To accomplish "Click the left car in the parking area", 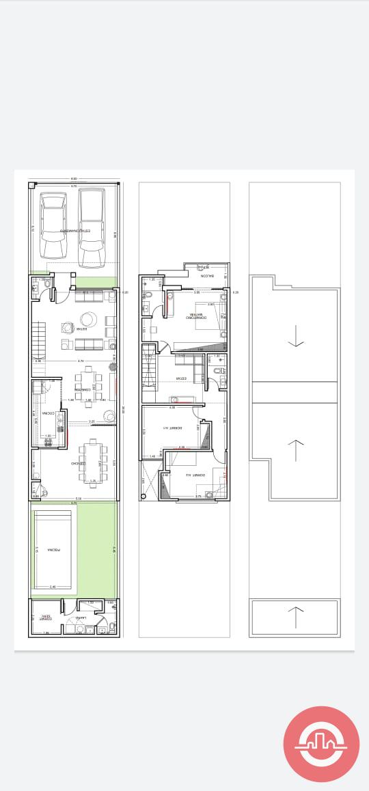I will click(x=53, y=225).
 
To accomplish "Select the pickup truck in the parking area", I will click(x=92, y=229).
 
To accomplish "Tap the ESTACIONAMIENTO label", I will click(x=75, y=232).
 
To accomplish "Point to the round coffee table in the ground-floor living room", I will click(x=89, y=319).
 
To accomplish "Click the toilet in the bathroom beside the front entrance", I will click(x=35, y=288).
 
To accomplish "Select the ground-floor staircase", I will click(x=38, y=339).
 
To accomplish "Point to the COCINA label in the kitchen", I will click(x=46, y=414).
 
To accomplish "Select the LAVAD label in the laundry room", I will click(x=81, y=617).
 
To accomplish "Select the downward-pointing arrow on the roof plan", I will click(x=295, y=335).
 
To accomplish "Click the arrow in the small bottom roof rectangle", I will click(x=295, y=617).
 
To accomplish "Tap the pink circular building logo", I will click(x=321, y=745).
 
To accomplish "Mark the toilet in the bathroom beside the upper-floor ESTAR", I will click(x=217, y=371).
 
